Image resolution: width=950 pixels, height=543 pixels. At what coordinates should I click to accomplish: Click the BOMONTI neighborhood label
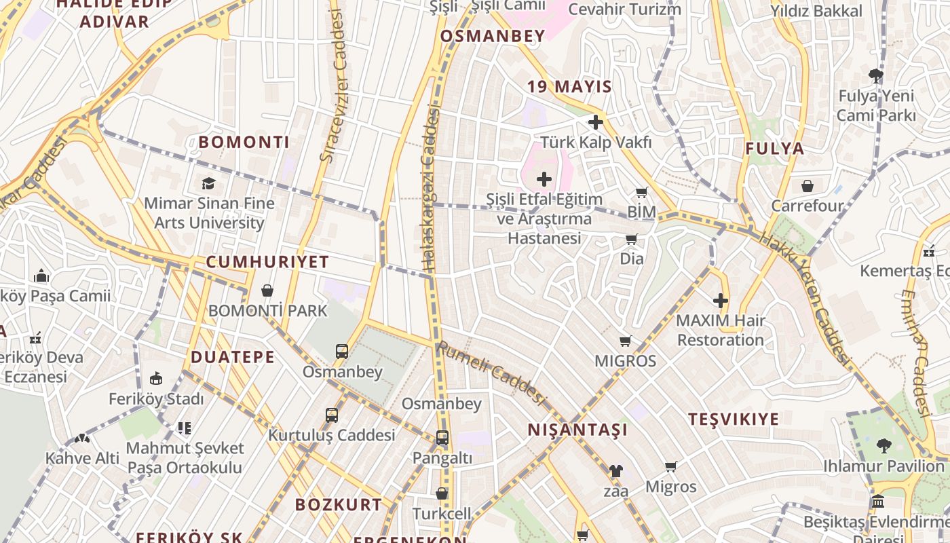pyautogui.click(x=244, y=143)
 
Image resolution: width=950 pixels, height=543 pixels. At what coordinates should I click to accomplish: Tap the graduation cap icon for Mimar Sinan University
pyautogui.click(x=208, y=183)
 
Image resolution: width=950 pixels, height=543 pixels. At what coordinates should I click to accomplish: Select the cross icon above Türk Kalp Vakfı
pyautogui.click(x=596, y=122)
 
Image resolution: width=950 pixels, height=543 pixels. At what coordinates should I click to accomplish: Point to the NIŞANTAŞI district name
pyautogui.click(x=577, y=430)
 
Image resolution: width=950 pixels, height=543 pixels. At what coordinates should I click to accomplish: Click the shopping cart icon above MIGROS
pyautogui.click(x=626, y=341)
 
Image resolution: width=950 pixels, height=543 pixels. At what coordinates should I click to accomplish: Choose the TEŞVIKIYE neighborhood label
pyautogui.click(x=734, y=419)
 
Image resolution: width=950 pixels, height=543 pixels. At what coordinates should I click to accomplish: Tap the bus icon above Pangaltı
pyautogui.click(x=442, y=438)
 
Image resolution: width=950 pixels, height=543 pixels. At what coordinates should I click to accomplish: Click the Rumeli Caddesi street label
pyautogui.click(x=491, y=373)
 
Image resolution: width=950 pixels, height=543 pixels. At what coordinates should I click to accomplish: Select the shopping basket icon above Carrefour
pyautogui.click(x=807, y=185)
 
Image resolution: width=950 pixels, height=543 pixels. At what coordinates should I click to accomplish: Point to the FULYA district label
pyautogui.click(x=774, y=149)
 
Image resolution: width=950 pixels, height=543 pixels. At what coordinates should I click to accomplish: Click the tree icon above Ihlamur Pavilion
pyautogui.click(x=883, y=446)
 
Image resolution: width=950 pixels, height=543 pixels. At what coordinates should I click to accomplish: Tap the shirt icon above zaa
pyautogui.click(x=615, y=470)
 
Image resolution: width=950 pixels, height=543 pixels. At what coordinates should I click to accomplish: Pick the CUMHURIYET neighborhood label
pyautogui.click(x=267, y=262)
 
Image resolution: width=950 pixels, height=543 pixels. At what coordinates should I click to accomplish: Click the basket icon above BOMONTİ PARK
pyautogui.click(x=267, y=291)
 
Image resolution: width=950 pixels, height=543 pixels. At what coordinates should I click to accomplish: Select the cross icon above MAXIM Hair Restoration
pyautogui.click(x=721, y=300)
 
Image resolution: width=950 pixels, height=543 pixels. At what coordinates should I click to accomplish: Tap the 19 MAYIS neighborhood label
pyautogui.click(x=570, y=87)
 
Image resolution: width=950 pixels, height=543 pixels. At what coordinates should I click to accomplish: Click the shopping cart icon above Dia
pyautogui.click(x=632, y=239)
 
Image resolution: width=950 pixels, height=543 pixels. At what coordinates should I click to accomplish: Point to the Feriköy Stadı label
pyautogui.click(x=156, y=399)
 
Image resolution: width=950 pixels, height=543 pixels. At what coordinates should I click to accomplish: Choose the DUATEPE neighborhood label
pyautogui.click(x=233, y=357)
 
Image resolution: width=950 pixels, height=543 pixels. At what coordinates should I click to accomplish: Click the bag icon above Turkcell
pyautogui.click(x=442, y=493)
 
